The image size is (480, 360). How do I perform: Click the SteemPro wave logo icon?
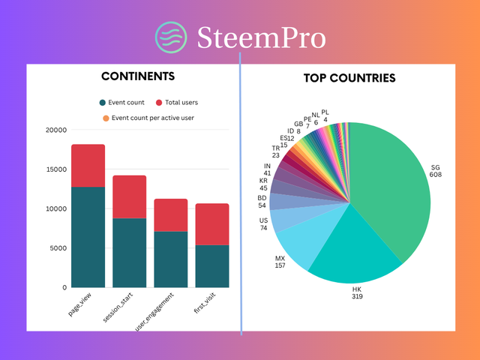170,37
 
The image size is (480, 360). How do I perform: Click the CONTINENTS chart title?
138,76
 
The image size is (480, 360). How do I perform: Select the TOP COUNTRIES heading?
349,78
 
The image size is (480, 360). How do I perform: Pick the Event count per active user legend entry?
147,117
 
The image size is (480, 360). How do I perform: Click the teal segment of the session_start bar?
129,252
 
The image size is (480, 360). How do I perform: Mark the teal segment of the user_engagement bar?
170,259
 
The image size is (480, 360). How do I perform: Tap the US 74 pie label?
263,223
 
